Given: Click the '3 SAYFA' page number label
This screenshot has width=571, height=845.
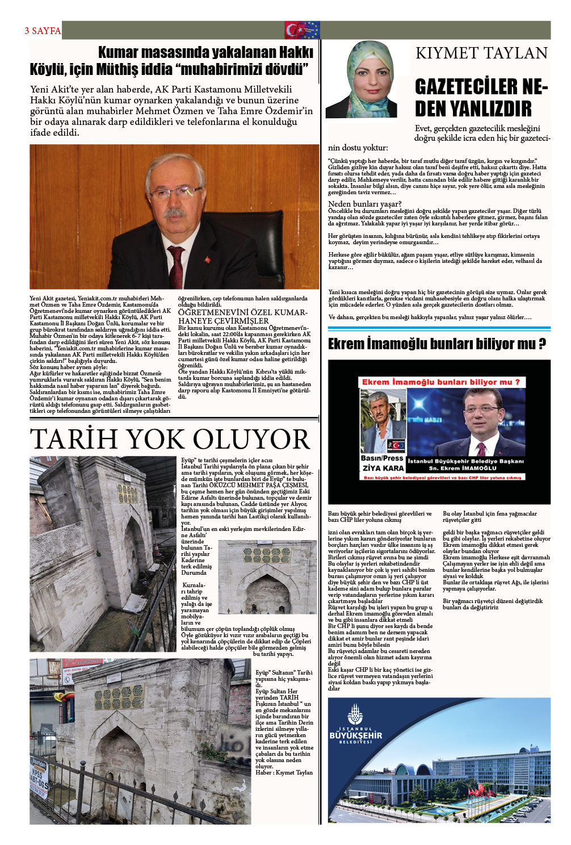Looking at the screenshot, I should click(x=43, y=31).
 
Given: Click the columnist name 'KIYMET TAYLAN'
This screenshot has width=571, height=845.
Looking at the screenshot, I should click(x=481, y=53).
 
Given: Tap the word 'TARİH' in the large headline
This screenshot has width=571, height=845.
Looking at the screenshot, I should click(x=75, y=440).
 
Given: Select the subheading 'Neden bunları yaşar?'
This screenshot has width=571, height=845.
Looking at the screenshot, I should click(x=364, y=204).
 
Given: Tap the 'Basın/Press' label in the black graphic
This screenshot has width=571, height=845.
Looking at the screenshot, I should click(x=382, y=458).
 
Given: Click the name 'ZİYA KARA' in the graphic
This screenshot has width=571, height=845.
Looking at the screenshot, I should click(x=383, y=468).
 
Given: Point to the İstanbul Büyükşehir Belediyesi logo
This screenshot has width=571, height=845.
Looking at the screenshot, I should click(x=355, y=726).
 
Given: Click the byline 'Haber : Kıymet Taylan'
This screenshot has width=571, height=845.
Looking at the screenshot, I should click(x=284, y=772).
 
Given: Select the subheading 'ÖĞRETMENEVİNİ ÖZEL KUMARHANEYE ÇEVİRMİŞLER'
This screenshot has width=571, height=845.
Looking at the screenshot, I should click(x=242, y=316).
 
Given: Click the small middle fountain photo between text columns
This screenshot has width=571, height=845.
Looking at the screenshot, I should click(x=267, y=576).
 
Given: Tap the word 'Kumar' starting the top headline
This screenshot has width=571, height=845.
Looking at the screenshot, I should click(x=117, y=53).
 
